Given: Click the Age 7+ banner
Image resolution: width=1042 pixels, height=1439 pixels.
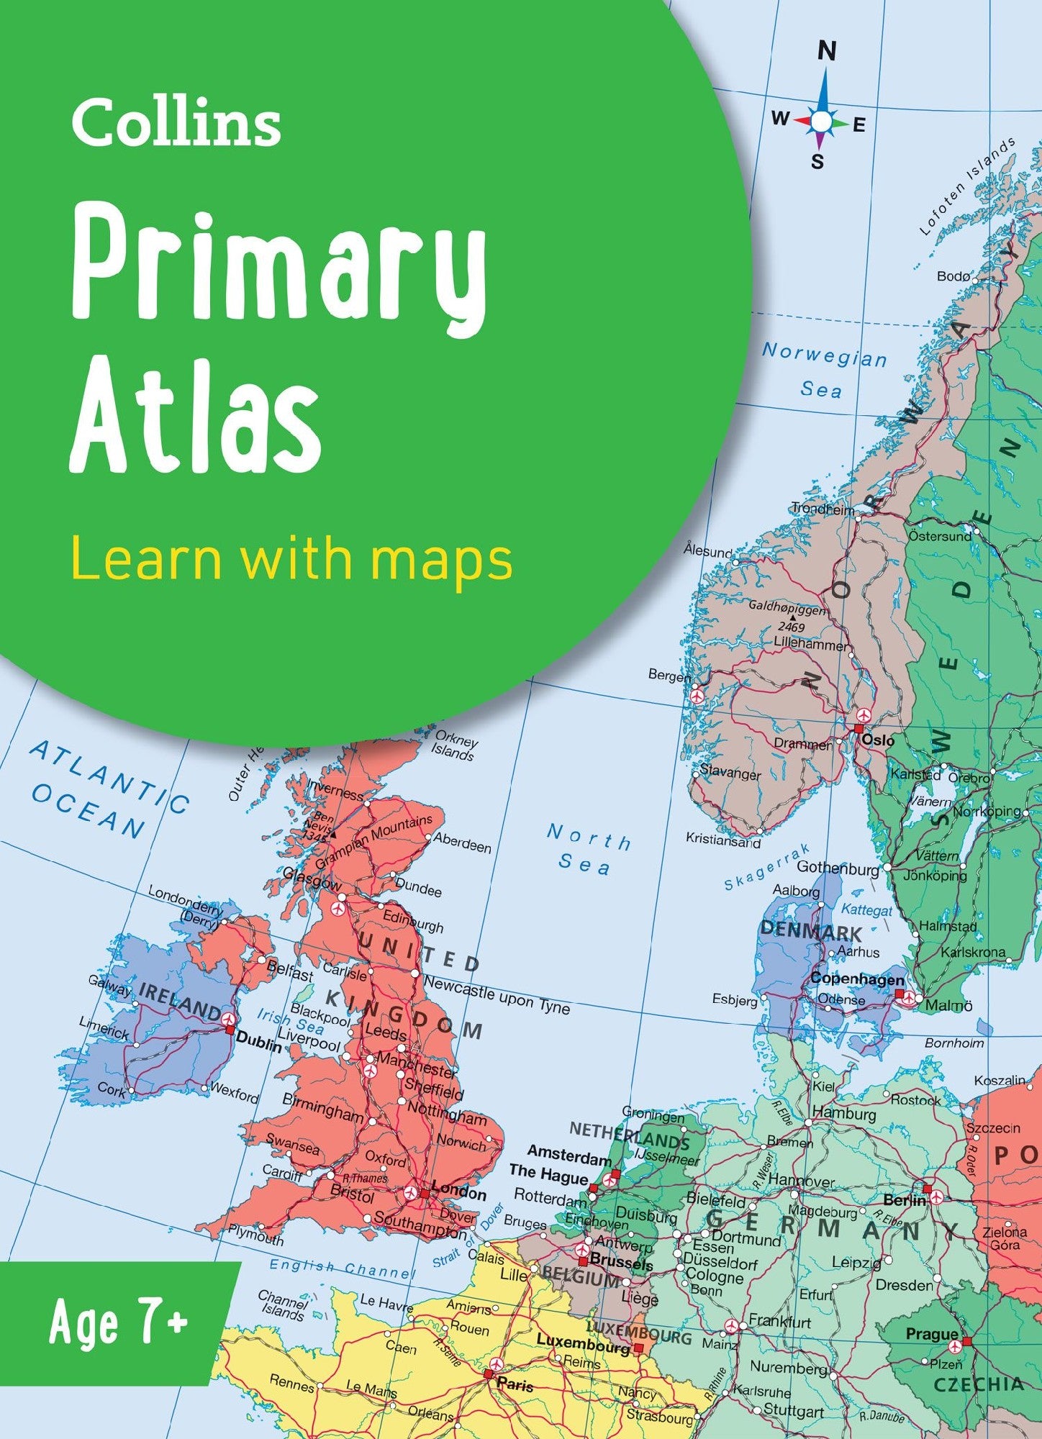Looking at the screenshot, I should point(119,1322).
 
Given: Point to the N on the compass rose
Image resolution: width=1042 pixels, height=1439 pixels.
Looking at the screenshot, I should point(828,51).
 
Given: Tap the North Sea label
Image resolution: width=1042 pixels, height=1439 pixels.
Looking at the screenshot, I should point(587,850).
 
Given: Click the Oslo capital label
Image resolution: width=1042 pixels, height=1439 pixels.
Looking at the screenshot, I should point(879,740).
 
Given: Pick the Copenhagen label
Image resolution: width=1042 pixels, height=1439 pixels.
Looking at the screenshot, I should point(857,979).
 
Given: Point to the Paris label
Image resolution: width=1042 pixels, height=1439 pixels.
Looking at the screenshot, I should point(515,1384).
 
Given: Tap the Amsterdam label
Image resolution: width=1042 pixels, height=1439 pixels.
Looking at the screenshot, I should point(569,1155).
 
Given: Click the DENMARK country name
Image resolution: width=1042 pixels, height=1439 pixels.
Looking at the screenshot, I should point(810,931).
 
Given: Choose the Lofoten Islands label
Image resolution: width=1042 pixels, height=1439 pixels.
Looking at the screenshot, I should point(968,186).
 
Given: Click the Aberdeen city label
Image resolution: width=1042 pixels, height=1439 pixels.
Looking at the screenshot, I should point(462,844).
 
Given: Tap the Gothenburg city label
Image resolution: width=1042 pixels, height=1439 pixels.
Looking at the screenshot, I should point(838,868).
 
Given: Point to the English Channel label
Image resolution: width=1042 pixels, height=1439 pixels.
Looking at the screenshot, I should point(343,1268).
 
